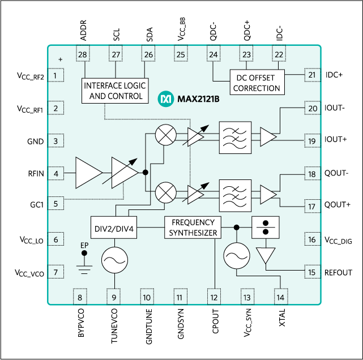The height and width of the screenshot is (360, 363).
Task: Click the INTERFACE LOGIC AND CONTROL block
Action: click(x=114, y=91)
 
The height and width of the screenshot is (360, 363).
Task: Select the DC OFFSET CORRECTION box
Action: click(x=257, y=82)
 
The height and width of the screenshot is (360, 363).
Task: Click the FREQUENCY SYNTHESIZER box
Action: click(x=192, y=227)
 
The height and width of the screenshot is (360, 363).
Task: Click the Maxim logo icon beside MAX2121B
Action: click(x=166, y=99)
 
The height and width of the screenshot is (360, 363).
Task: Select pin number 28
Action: click(x=83, y=54)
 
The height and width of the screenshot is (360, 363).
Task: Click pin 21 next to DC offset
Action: click(x=311, y=75)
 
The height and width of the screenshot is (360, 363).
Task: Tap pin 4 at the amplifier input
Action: click(x=55, y=174)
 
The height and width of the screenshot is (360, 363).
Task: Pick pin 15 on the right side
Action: click(x=311, y=272)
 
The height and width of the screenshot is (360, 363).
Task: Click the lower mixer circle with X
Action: click(x=165, y=192)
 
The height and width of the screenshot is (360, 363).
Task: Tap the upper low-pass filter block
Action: click(x=235, y=138)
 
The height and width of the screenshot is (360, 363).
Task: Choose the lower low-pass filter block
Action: click(x=235, y=195)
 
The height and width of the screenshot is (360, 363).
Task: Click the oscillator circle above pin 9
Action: click(x=114, y=260)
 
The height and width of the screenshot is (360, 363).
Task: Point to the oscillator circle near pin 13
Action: click(x=236, y=256)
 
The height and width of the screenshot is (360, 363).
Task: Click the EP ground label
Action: click(x=84, y=245)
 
